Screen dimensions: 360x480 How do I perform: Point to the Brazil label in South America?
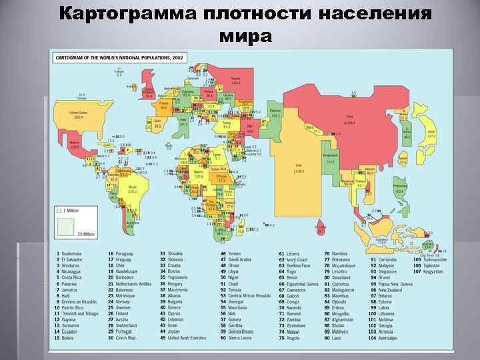click(x=133, y=189)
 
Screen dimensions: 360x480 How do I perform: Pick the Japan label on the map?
click(x=432, y=133)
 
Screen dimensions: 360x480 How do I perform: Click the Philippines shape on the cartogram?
click(x=400, y=188)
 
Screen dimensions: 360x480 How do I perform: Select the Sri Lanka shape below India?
click(x=321, y=229)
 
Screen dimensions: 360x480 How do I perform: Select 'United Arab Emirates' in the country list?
click(x=190, y=337)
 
